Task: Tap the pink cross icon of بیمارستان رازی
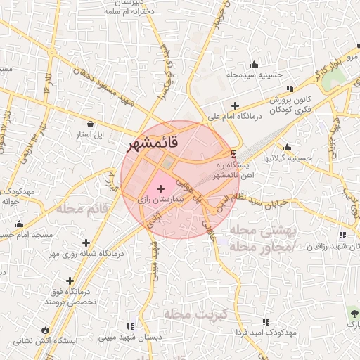[162, 188]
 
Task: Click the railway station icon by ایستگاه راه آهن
[234, 154]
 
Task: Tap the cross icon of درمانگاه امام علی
[235, 105]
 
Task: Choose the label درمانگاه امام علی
[231, 117]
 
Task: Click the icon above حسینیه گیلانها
[287, 148]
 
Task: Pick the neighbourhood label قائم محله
[82, 209]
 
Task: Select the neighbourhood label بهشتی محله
[259, 231]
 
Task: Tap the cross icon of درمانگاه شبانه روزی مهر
[86, 242]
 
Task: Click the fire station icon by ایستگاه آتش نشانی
[46, 329]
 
